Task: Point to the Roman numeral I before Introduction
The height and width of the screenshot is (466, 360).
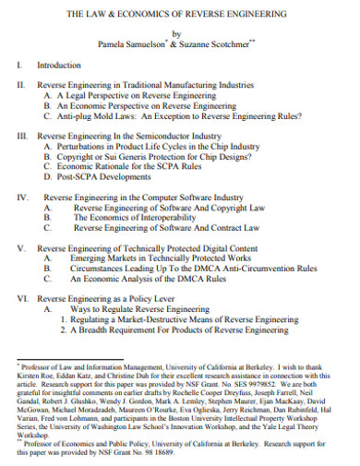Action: coord(18,66)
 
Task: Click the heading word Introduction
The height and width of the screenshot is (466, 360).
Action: coord(58,66)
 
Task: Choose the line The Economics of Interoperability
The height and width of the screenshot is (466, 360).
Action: coord(135,219)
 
